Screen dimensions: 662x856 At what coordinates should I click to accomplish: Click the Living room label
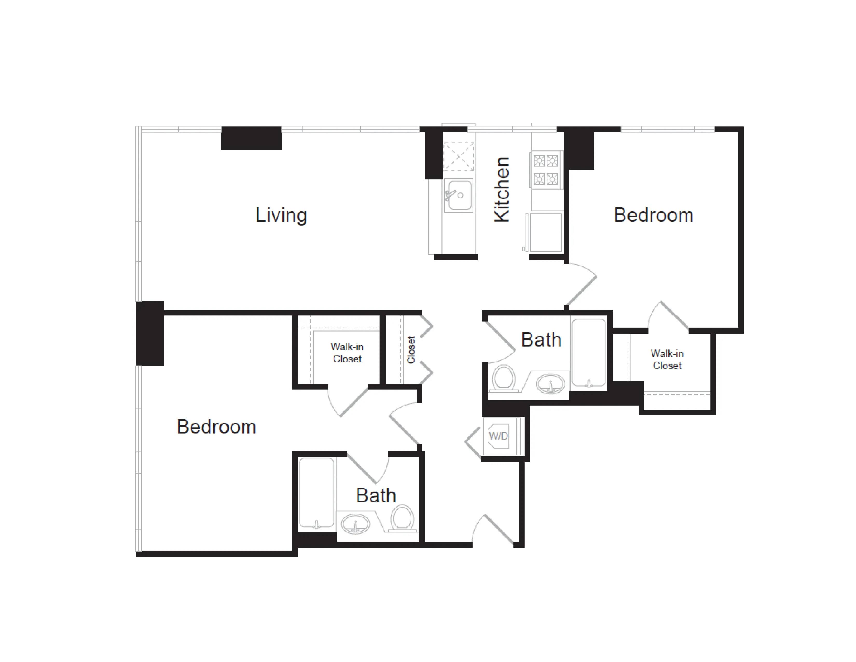coord(281,215)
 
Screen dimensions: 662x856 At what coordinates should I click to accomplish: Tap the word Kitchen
coord(502,190)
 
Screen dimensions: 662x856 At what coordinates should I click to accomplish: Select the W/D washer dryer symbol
coord(498,436)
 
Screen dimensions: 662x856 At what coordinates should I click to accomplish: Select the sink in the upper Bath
coord(550,383)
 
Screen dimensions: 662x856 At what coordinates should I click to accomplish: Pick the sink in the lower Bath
coord(355,524)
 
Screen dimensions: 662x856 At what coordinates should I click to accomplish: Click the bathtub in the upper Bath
coord(589,353)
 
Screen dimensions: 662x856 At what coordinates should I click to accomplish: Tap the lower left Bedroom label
coord(216,427)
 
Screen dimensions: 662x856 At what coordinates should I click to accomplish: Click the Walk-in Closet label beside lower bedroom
coord(347,353)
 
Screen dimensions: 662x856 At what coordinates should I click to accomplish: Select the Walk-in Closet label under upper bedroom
coord(667,359)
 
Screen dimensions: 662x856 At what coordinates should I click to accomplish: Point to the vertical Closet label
coord(411,350)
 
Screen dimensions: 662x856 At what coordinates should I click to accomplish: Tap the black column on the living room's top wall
coord(251,138)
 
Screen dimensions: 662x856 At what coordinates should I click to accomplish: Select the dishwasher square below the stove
coord(546,232)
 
